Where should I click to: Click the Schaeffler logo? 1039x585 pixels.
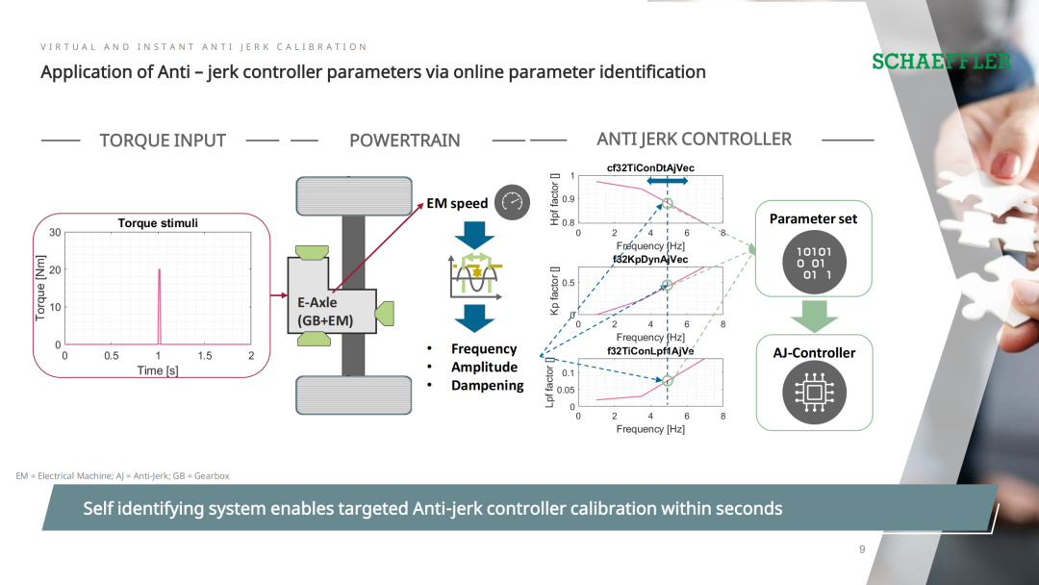point(941,62)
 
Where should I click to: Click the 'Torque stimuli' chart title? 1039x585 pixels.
point(158,223)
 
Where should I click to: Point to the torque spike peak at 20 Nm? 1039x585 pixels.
point(159,269)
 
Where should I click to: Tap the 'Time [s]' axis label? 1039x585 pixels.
point(158,370)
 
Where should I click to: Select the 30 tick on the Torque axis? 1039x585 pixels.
point(55,233)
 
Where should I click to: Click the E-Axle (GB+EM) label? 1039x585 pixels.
point(325,312)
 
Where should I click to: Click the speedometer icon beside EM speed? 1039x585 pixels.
point(512,202)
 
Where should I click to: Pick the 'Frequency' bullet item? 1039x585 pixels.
point(484,348)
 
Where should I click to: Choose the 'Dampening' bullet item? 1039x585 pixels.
point(487,386)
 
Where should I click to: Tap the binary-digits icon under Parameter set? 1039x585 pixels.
point(815,263)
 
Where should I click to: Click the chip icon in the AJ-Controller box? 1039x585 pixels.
point(815,393)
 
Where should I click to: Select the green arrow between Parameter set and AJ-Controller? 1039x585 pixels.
point(815,316)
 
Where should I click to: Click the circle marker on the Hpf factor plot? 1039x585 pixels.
point(668,203)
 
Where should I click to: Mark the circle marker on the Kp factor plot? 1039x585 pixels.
point(668,286)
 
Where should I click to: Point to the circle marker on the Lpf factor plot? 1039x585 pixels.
point(668,381)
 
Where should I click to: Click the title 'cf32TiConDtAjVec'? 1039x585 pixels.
point(650,168)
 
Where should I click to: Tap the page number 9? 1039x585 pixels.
point(862,549)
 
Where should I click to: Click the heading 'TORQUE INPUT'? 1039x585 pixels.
point(163,140)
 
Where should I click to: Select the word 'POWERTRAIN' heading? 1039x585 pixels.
point(405,140)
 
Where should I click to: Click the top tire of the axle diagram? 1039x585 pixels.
point(354,196)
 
